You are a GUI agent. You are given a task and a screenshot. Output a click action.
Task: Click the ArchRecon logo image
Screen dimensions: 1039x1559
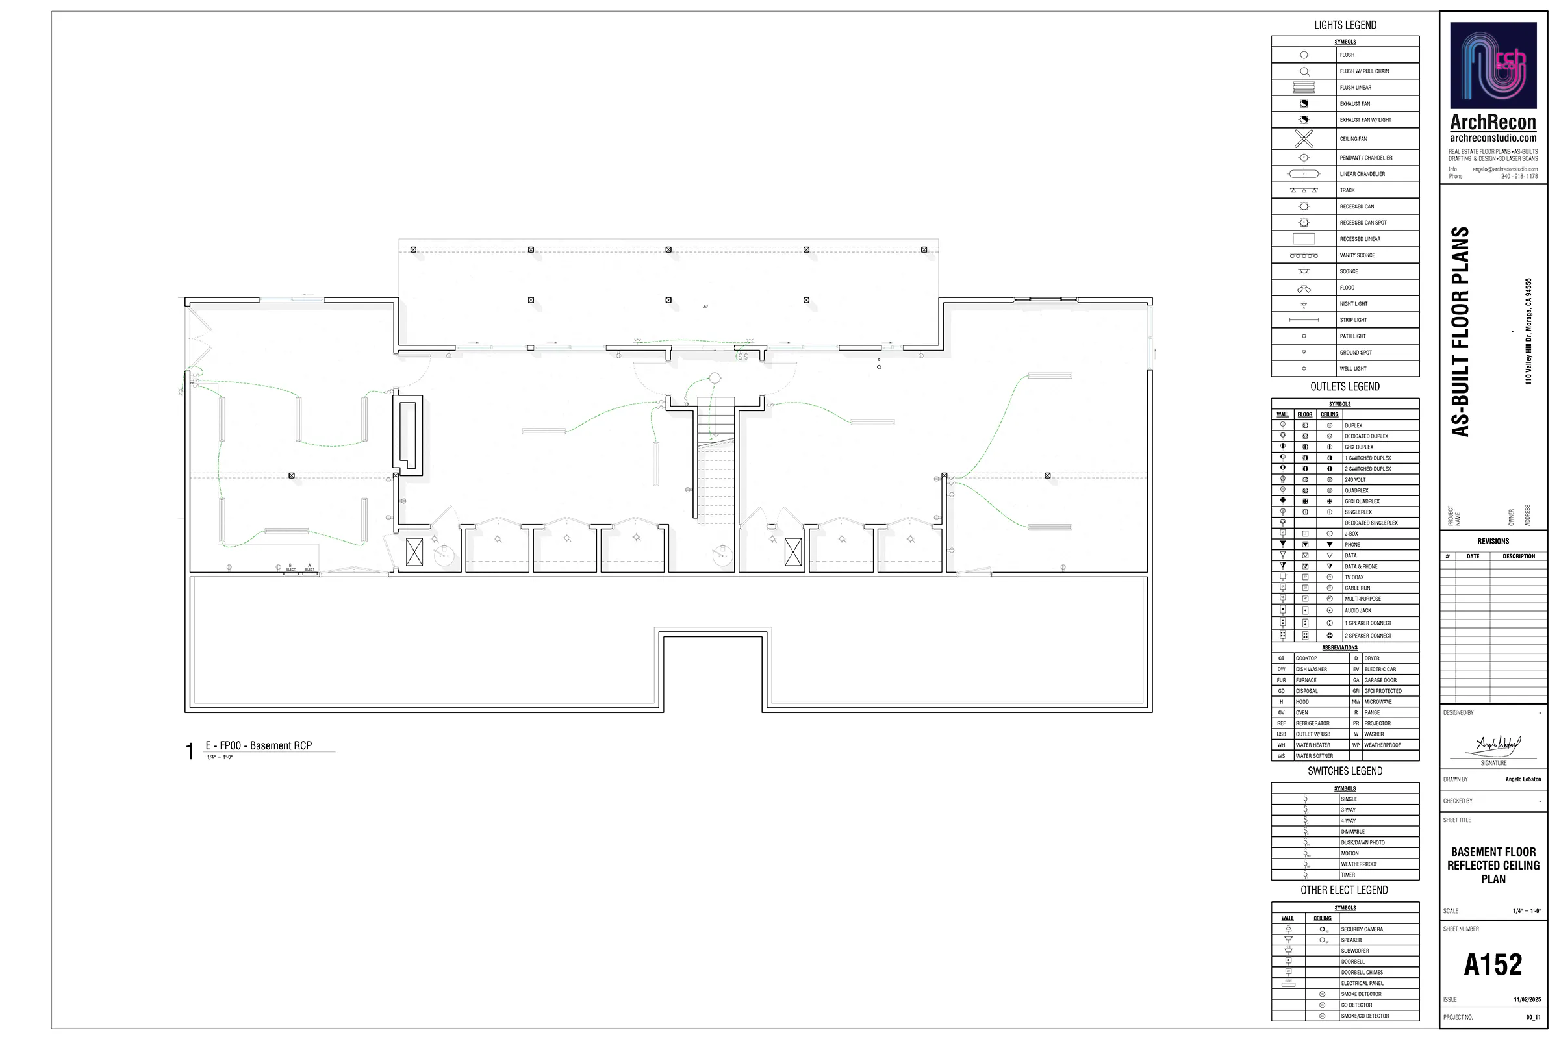(1493, 65)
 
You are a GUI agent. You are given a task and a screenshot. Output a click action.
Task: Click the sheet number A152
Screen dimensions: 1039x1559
(1493, 965)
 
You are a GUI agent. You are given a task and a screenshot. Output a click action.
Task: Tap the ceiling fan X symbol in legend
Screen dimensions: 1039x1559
(1303, 138)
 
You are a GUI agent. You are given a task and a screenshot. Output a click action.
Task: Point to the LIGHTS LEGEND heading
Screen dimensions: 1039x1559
(1345, 25)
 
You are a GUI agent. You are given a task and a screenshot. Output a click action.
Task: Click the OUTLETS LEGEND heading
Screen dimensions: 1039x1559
(1344, 387)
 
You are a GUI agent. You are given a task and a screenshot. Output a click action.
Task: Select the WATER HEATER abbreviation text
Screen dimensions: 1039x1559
(1312, 745)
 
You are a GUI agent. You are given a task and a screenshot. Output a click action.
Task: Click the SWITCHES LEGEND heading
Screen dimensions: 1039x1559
(1344, 771)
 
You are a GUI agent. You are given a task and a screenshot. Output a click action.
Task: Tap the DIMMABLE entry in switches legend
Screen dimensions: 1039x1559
(1352, 832)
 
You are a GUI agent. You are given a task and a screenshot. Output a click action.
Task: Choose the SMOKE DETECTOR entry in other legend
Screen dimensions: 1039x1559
(1361, 994)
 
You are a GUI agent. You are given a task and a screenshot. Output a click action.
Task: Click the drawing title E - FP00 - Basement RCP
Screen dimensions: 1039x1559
(259, 745)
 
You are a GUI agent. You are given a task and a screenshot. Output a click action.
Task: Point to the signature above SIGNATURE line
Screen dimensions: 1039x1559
(1497, 745)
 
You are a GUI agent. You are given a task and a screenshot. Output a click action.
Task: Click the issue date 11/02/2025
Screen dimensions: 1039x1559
(1527, 999)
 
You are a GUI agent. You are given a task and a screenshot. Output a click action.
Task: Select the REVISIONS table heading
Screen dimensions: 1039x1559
(1493, 542)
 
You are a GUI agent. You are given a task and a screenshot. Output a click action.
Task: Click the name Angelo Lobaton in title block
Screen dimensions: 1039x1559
(1523, 779)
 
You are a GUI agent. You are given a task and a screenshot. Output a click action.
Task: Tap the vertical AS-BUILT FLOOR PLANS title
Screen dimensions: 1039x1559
(1461, 331)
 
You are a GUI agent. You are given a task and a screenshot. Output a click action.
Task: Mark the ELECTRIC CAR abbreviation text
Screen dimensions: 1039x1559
(1380, 670)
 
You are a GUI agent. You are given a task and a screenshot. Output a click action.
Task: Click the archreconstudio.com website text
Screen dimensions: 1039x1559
(1493, 138)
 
